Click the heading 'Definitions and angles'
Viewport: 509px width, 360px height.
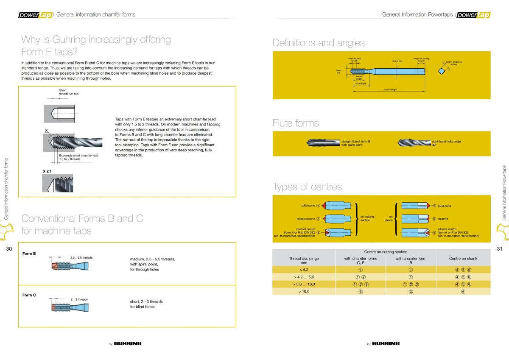319,42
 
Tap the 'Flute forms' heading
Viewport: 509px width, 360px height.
296,123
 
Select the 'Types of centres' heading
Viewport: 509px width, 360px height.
307,187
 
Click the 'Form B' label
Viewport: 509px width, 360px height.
29,254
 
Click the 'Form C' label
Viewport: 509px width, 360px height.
29,295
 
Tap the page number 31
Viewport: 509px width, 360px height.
499,248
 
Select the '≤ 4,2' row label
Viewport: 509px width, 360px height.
304,269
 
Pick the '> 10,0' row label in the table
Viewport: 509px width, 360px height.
304,292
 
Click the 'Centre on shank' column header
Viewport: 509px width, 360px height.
463,258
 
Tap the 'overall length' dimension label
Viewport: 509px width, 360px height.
390,90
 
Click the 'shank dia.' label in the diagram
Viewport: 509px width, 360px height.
397,61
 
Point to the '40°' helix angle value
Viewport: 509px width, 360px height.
434,145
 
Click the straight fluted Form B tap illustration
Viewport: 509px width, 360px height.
323,142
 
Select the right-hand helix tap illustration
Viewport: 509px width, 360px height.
414,143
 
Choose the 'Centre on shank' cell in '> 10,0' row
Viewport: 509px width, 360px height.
463,292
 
